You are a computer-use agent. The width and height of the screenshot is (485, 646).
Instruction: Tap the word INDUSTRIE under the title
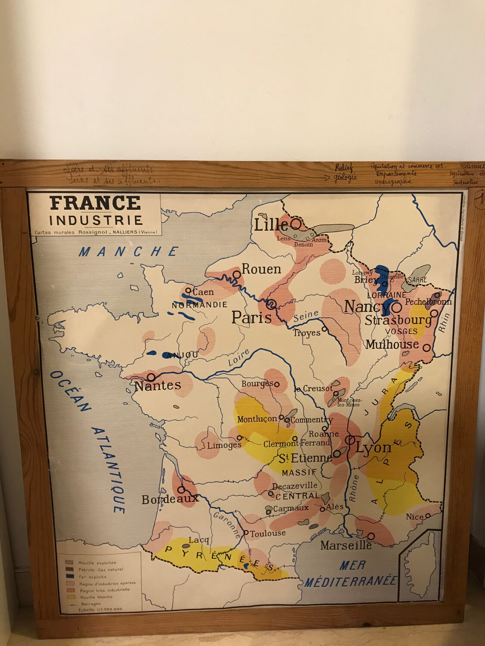click(96, 221)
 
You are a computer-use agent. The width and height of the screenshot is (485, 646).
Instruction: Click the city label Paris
click(252, 318)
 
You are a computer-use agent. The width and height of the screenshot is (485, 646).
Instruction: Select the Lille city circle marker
click(296, 224)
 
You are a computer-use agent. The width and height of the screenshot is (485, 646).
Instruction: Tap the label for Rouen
click(261, 269)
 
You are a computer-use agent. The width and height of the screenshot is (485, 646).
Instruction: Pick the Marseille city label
click(346, 546)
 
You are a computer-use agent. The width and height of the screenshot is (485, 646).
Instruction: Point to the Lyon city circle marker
click(350, 440)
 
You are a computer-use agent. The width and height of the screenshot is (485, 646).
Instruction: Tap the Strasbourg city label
click(398, 320)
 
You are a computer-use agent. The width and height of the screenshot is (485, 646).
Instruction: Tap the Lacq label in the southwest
click(199, 540)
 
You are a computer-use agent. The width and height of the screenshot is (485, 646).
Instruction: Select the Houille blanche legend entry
click(95, 597)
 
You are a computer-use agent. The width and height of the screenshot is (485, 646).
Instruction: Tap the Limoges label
click(224, 445)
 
